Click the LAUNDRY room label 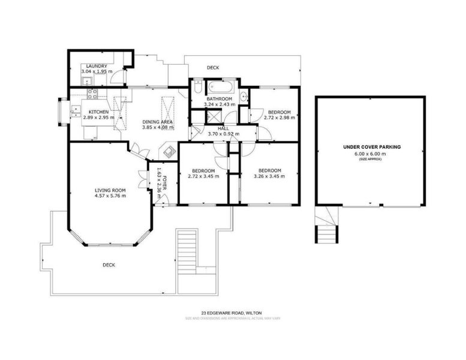[x=97, y=66]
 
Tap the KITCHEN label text [x=98, y=112]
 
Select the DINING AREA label [x=158, y=122]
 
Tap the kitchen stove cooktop [x=92, y=94]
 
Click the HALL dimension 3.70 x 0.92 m [x=223, y=134]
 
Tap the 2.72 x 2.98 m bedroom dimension [x=279, y=118]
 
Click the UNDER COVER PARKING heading [x=371, y=146]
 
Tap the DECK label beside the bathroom [x=212, y=68]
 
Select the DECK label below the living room [x=109, y=265]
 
